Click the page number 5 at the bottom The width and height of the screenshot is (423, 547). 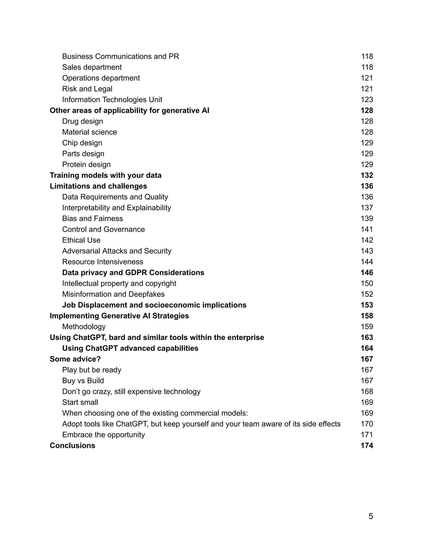click(371, 516)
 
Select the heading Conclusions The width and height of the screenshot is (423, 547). click(72, 445)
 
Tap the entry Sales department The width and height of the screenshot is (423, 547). click(92, 67)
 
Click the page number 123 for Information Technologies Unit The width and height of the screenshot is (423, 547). click(367, 100)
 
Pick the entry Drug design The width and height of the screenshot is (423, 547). click(82, 121)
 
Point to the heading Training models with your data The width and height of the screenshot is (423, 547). click(106, 175)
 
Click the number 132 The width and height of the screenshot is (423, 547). click(367, 175)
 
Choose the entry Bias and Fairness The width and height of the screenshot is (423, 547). click(93, 218)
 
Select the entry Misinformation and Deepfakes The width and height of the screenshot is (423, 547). click(113, 294)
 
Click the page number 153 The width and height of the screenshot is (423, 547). click(367, 305)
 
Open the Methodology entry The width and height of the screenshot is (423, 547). click(84, 327)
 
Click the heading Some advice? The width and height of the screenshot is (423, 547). click(75, 359)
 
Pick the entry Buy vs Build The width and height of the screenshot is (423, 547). click(83, 381)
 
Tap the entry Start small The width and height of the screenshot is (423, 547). click(80, 402)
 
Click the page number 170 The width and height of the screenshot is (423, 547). click(367, 424)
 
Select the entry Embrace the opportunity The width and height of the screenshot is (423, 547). click(103, 435)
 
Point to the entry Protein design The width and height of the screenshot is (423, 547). click(86, 165)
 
